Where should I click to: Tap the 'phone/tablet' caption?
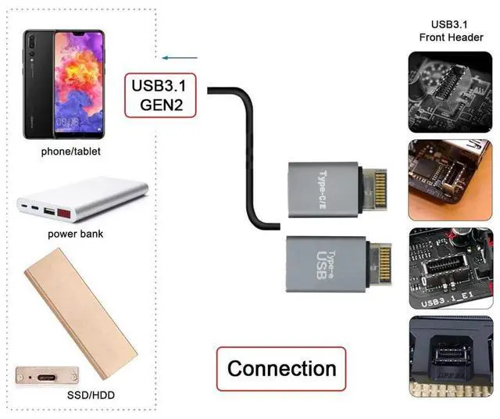pos(71,152)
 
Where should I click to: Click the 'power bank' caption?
pos(75,234)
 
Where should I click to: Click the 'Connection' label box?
pos(281,368)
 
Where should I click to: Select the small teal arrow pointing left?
pos(177,57)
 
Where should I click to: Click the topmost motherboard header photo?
pos(450,91)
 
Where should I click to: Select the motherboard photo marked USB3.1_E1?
pos(450,268)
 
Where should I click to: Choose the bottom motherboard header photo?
pos(450,356)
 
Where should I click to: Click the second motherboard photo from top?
pos(450,180)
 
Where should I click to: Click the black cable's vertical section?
pos(252,156)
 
